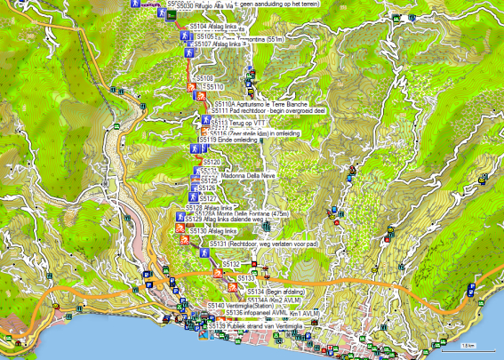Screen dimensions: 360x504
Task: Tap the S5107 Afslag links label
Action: click(x=217, y=44)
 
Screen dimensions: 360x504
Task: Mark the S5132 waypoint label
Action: click(x=231, y=265)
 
